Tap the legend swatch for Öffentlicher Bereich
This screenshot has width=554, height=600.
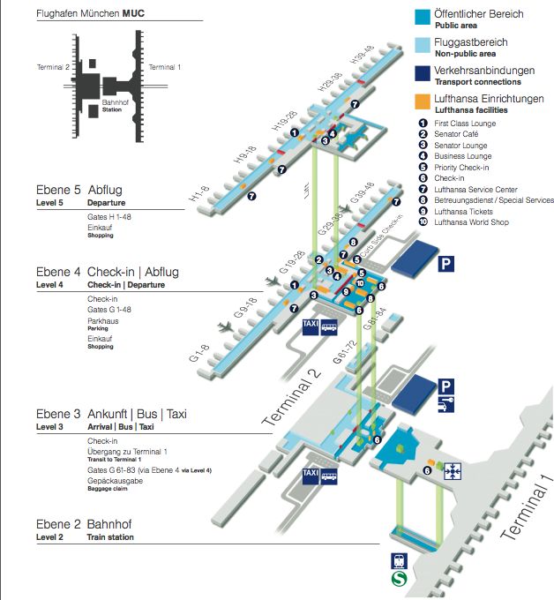423,16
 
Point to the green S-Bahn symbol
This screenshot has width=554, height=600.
398,581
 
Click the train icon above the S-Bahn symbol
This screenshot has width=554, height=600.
398,561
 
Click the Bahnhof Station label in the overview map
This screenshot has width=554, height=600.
112,107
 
